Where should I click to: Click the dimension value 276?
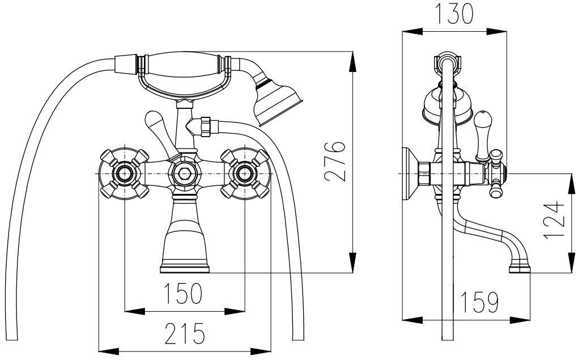[x=335, y=161]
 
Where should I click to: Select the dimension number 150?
[x=183, y=293]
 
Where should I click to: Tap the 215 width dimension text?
[x=184, y=333]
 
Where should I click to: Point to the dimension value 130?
[x=454, y=14]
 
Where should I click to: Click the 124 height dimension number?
[x=554, y=220]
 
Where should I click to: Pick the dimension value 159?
[x=479, y=302]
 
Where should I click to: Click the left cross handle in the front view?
[x=125, y=173]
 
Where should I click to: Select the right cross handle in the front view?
[x=245, y=173]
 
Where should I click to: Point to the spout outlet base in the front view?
[x=185, y=269]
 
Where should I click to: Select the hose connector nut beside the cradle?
[x=205, y=126]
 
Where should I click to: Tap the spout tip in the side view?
[x=520, y=268]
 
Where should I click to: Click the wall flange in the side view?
[x=409, y=173]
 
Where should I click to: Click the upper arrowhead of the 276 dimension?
[x=353, y=61]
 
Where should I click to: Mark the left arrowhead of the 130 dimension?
[x=412, y=32]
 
